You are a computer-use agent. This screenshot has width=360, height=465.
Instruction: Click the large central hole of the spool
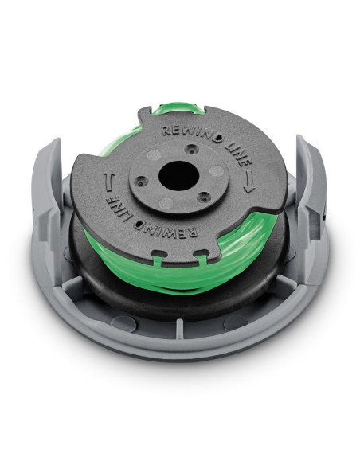[178, 177]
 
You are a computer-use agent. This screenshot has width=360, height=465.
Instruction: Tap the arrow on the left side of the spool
[108, 182]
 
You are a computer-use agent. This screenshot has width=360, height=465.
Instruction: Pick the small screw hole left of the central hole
[141, 180]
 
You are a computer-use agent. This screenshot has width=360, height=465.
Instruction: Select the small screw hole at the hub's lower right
[203, 196]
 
